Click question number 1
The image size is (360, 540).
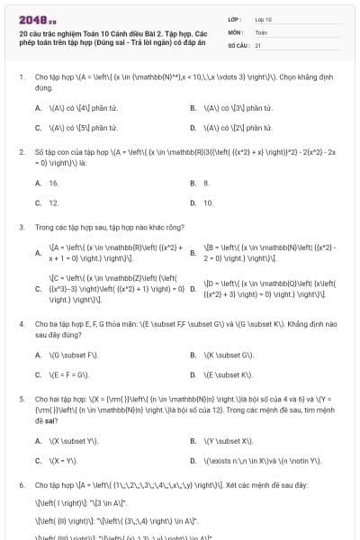click(x=21, y=77)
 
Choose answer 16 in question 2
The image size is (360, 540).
click(x=54, y=183)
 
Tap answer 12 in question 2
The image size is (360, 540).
click(x=54, y=203)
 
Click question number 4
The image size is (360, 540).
click(x=21, y=322)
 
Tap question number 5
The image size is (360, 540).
click(x=21, y=397)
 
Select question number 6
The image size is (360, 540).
click(x=21, y=484)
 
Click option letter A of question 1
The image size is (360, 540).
click(x=38, y=108)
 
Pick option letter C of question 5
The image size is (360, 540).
click(x=38, y=461)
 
